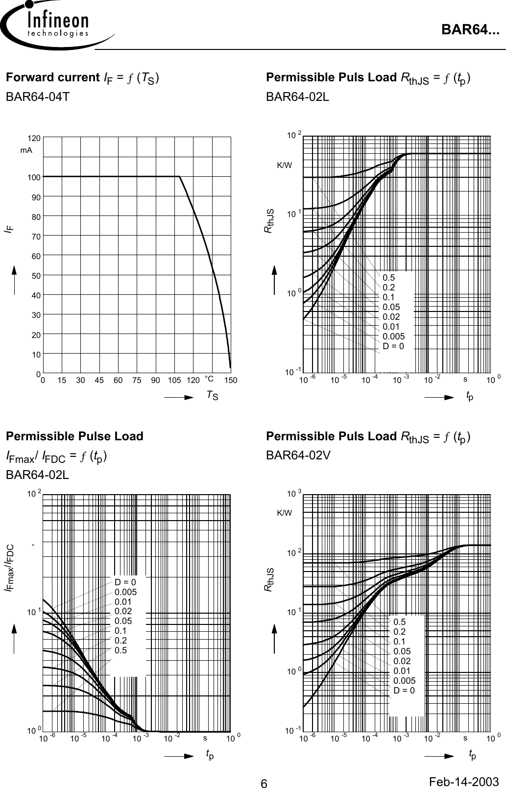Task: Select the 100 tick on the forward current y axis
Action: [x=34, y=177]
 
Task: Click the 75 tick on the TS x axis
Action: [x=137, y=381]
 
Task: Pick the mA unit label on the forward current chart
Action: [x=26, y=150]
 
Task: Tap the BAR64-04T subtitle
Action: [x=37, y=97]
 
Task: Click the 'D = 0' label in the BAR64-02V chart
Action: [x=404, y=691]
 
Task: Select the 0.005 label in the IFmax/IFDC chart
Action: [x=125, y=592]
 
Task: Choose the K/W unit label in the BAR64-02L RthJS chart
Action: [x=284, y=165]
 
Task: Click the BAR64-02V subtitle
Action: [x=298, y=455]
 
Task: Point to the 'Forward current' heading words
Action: [x=52, y=77]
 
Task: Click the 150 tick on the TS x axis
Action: [x=231, y=381]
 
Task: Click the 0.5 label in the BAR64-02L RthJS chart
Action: [x=388, y=278]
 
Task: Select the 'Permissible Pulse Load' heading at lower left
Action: [x=74, y=436]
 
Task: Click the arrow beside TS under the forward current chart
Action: [x=179, y=398]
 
